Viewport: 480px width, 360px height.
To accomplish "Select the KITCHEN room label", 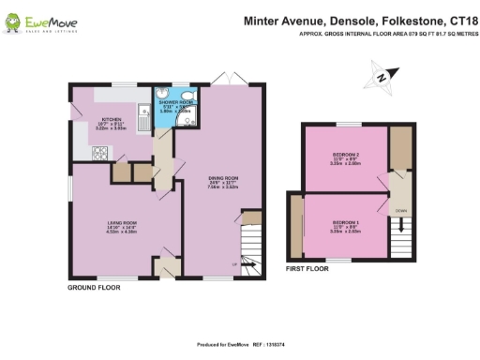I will point(113,121).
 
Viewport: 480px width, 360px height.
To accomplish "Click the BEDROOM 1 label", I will point(347,221).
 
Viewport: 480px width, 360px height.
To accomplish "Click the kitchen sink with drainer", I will point(142,116).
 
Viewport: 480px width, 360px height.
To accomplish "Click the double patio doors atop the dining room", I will point(220,77).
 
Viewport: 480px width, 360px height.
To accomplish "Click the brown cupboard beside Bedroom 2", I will point(400,147).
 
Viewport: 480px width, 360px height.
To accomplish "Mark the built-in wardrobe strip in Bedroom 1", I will point(295,225).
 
